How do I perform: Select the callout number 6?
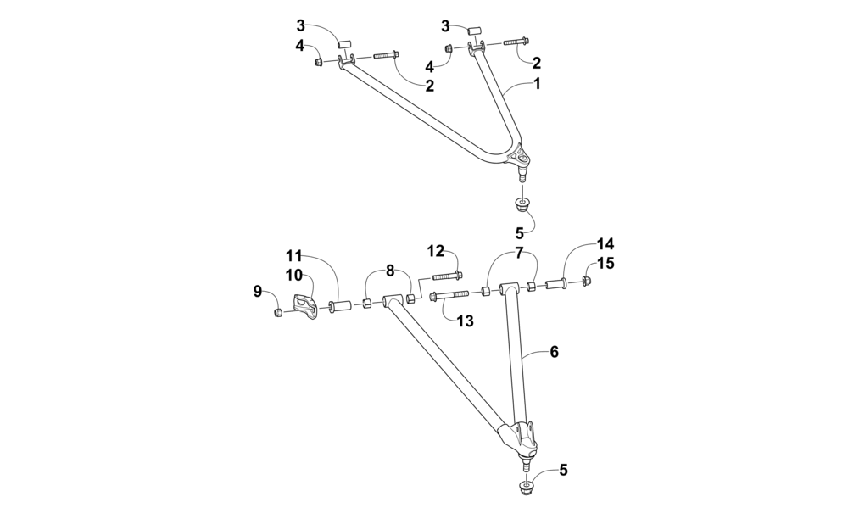click(x=554, y=352)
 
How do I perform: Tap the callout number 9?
click(x=258, y=292)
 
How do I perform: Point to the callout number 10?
click(x=293, y=275)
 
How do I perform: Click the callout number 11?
click(x=293, y=255)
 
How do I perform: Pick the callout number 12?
click(x=435, y=250)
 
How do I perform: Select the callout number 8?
click(x=389, y=271)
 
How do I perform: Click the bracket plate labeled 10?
click(x=305, y=306)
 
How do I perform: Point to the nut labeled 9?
click(x=278, y=314)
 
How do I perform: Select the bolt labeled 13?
click(x=449, y=296)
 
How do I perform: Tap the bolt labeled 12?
click(x=447, y=276)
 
